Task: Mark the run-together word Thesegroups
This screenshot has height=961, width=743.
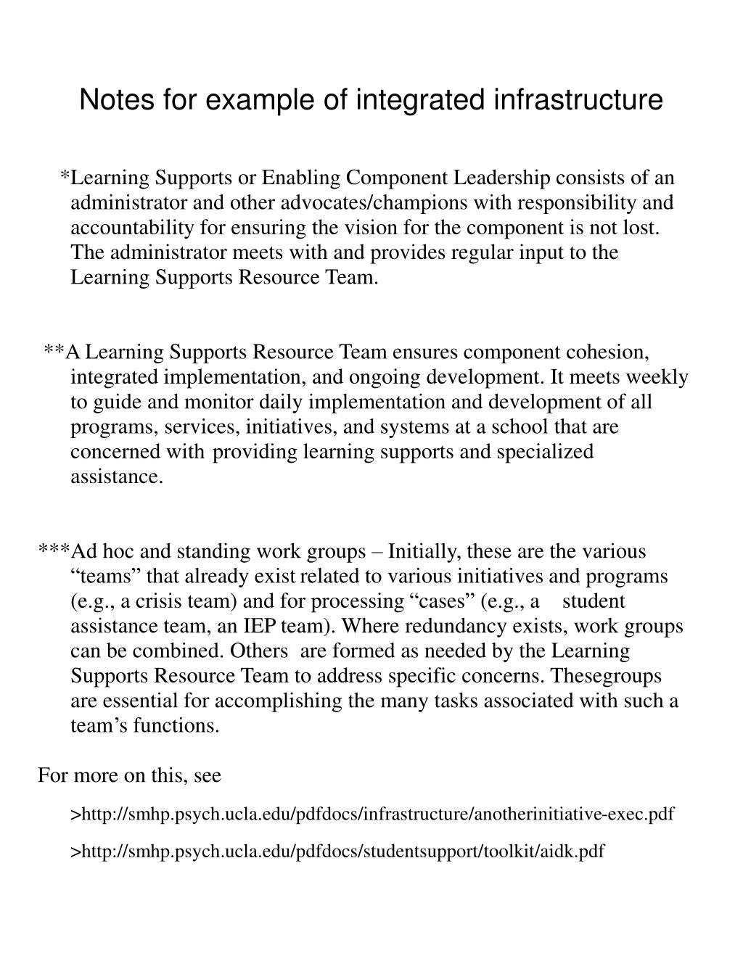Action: pyautogui.click(x=606, y=676)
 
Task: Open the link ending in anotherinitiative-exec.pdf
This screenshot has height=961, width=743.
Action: pyautogui.click(x=372, y=814)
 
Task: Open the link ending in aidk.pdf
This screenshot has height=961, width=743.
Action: pyautogui.click(x=337, y=851)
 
